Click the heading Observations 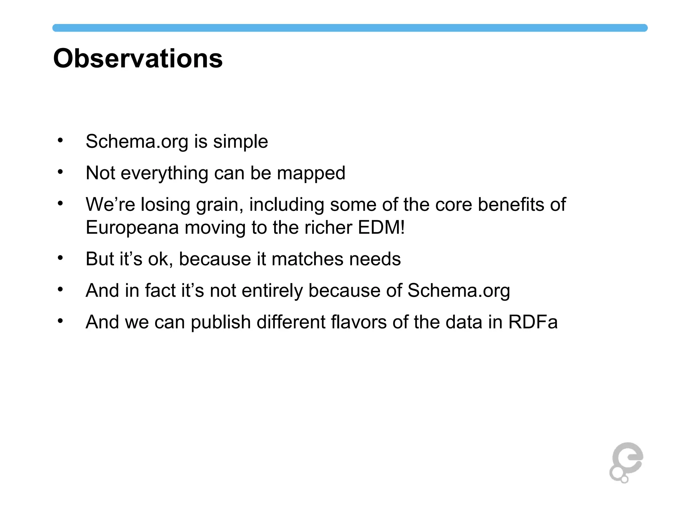tap(138, 58)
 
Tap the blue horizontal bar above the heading tap(350, 28)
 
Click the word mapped tap(311, 173)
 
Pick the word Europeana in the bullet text tap(132, 227)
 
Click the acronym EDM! tap(381, 227)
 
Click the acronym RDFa tap(533, 322)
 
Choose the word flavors tap(359, 322)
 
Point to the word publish tap(221, 322)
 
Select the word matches tap(307, 259)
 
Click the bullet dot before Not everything tap(60, 172)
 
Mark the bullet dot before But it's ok tap(60, 258)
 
